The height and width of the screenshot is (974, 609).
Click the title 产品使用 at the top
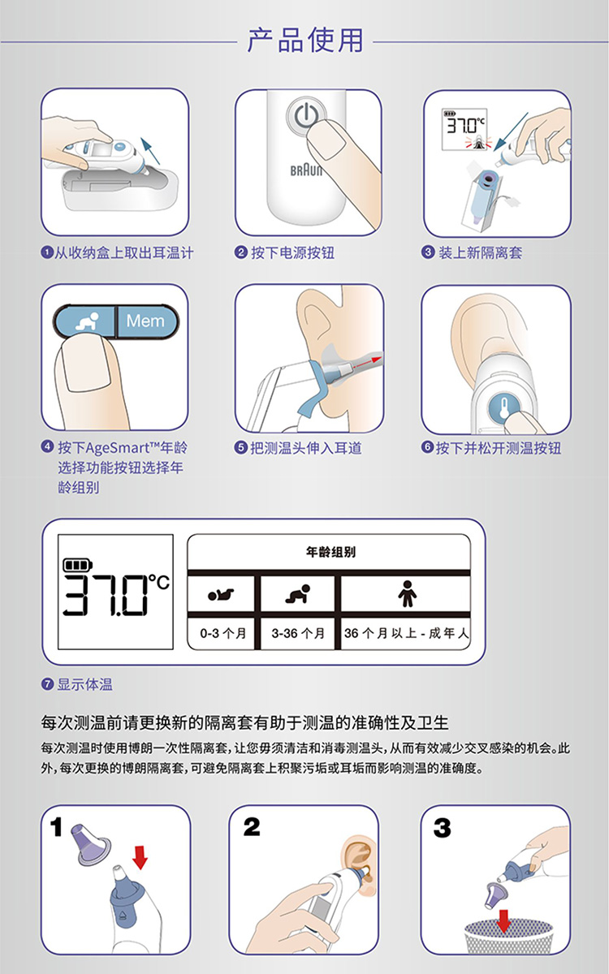point(304,39)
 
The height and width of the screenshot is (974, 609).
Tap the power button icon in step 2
point(305,118)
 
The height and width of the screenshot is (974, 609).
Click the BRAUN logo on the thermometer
point(305,171)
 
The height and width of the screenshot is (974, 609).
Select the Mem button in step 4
point(145,321)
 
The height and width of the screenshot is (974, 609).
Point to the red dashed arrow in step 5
point(362,360)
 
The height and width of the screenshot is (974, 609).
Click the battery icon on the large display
point(79,564)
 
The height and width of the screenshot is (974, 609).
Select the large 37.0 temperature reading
point(107,594)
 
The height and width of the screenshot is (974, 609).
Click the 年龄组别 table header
point(330,552)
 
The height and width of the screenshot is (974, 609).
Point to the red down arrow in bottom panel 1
point(140,855)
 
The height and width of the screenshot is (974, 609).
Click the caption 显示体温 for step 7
point(84,684)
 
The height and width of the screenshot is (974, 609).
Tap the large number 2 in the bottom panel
point(252,828)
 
